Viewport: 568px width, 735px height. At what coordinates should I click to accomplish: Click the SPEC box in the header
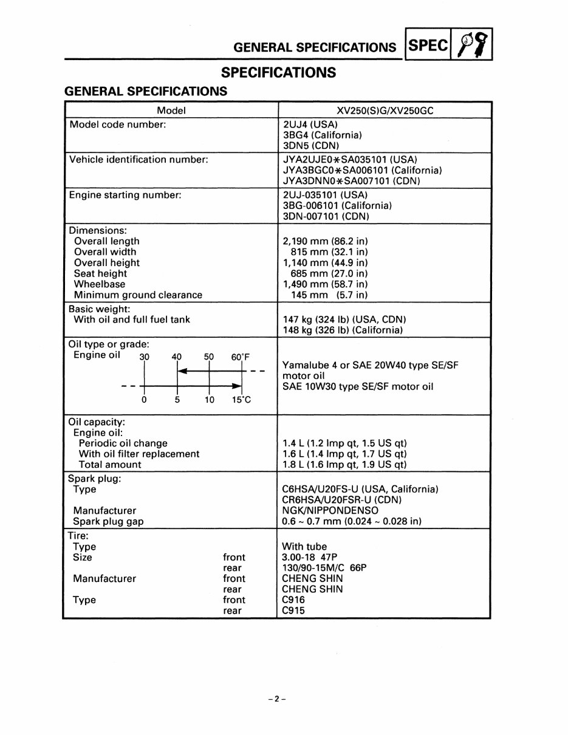pyautogui.click(x=428, y=46)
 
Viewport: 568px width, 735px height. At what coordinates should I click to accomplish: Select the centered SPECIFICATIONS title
pyautogui.click(x=278, y=72)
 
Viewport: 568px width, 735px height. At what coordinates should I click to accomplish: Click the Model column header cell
pyautogui.click(x=171, y=110)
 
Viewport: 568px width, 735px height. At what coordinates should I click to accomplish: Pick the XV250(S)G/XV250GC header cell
pyautogui.click(x=385, y=110)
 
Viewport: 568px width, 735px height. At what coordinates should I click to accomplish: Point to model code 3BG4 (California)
pyautogui.click(x=322, y=135)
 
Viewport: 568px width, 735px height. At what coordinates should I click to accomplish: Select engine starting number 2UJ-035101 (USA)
pyautogui.click(x=325, y=195)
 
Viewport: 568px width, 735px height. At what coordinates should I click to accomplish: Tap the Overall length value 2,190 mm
pyautogui.click(x=325, y=241)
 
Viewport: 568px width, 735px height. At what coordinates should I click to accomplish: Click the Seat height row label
pyautogui.click(x=100, y=273)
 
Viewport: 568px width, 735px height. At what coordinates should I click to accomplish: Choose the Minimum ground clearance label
pyautogui.click(x=138, y=295)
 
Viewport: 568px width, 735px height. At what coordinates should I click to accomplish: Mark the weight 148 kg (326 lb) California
pyautogui.click(x=343, y=330)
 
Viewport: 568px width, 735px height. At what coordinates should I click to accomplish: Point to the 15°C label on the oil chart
pyautogui.click(x=241, y=400)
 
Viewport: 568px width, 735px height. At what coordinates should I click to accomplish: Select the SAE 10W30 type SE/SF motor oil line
pyautogui.click(x=358, y=387)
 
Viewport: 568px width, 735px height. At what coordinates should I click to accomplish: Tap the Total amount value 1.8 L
pyautogui.click(x=344, y=465)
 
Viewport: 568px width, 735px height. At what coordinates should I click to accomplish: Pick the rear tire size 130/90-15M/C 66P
pyautogui.click(x=324, y=568)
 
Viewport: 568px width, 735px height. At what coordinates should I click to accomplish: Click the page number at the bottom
pyautogui.click(x=277, y=699)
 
